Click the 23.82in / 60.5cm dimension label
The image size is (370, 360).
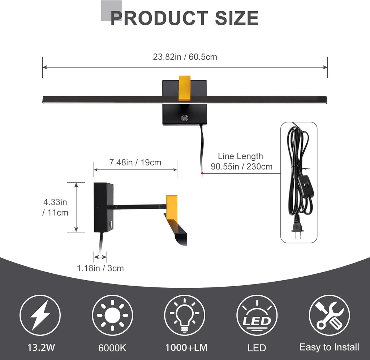pyautogui.click(x=185, y=57)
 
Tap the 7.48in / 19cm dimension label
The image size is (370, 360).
pyautogui.click(x=135, y=162)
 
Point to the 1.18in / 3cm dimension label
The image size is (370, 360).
pyautogui.click(x=100, y=268)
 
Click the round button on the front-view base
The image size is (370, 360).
pyautogui.click(x=185, y=118)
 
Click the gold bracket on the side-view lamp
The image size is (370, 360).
pyautogui.click(x=172, y=207)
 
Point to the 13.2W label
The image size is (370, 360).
pyautogui.click(x=41, y=348)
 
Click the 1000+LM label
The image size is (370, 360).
pyautogui.click(x=186, y=348)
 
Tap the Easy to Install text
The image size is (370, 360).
pyautogui.click(x=329, y=347)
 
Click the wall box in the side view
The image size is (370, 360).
pyautogui.click(x=103, y=207)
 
